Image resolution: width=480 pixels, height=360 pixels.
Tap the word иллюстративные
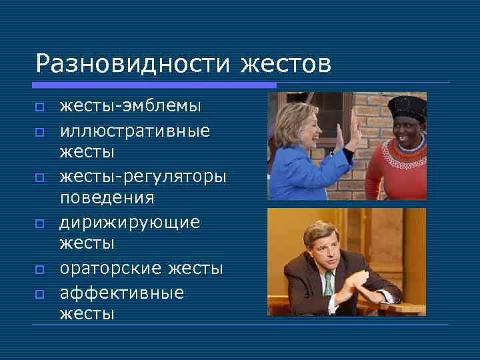[x=135, y=131]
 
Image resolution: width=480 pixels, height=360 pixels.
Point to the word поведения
[x=107, y=198]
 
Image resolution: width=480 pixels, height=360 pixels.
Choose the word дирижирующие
[x=130, y=222]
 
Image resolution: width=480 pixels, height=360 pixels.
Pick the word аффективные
[x=122, y=293]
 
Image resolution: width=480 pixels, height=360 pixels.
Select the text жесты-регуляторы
[x=143, y=177]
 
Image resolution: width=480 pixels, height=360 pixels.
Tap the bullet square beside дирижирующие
[x=40, y=223]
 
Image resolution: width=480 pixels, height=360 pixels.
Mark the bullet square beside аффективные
[x=40, y=293]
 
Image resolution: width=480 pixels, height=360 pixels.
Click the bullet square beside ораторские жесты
[x=40, y=269]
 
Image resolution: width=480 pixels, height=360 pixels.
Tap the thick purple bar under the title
[x=154, y=85]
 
